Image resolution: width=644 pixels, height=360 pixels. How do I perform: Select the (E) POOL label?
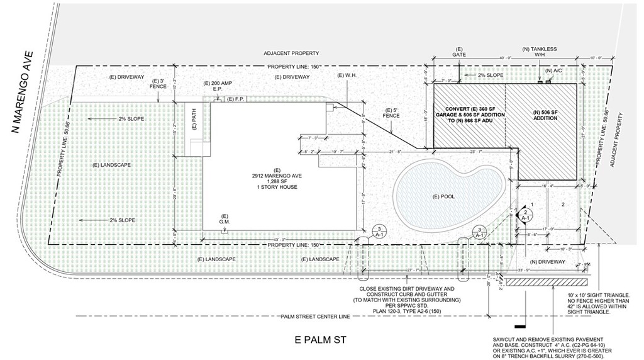(447, 196)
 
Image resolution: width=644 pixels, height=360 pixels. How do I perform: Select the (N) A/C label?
(553, 70)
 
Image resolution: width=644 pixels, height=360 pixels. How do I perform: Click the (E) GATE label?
(459, 52)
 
